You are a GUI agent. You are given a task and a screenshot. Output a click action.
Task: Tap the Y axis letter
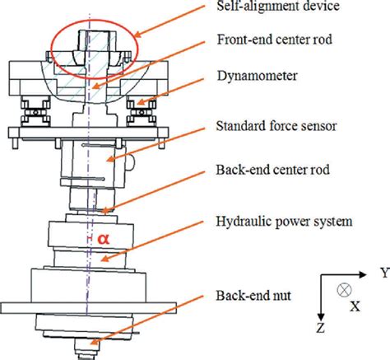(x=382, y=271)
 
